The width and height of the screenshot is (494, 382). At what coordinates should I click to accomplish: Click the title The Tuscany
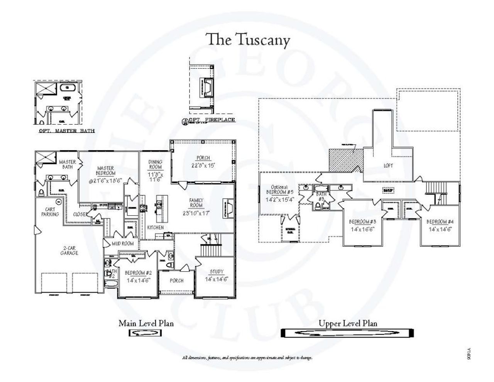coord(247,40)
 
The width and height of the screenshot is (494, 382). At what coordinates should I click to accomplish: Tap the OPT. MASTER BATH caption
coord(67,131)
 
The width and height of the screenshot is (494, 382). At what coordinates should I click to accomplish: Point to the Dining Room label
coord(156,165)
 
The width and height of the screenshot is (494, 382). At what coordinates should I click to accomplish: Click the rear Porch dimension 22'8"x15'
coord(203,165)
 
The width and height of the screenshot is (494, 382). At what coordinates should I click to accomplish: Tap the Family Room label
coord(196,203)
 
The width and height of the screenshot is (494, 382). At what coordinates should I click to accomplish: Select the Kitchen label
coord(155,228)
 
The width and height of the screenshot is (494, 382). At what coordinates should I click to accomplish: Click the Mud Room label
coord(123,243)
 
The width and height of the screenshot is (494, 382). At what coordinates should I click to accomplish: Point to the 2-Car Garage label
coord(69,250)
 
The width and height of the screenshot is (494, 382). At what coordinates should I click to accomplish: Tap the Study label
coord(217,272)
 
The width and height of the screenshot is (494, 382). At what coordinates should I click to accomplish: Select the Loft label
coord(388,166)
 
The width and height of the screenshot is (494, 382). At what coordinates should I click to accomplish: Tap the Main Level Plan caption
coord(146,323)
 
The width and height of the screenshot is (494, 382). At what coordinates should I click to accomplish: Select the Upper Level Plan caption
coord(348,323)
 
